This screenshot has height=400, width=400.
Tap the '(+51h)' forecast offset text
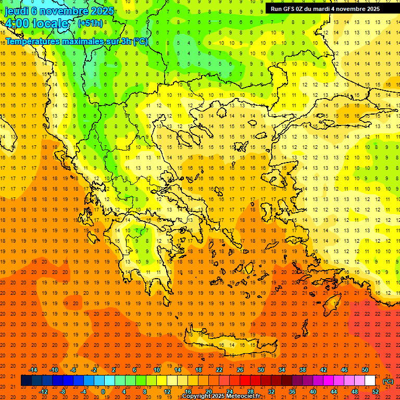click(90, 23)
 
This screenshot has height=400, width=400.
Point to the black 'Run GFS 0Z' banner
click(325, 8)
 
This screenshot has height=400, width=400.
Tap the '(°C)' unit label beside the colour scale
click(388, 381)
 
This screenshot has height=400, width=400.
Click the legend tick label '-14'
click(34, 370)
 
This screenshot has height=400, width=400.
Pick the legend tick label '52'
click(376, 392)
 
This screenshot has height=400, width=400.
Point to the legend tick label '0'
click(103, 392)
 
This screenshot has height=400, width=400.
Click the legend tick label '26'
click(240, 370)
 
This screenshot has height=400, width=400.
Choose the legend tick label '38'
click(302, 370)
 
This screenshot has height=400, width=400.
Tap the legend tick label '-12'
click(44, 392)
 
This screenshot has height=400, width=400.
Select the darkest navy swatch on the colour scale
click(26, 381)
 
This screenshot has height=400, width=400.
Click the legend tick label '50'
click(365, 370)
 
